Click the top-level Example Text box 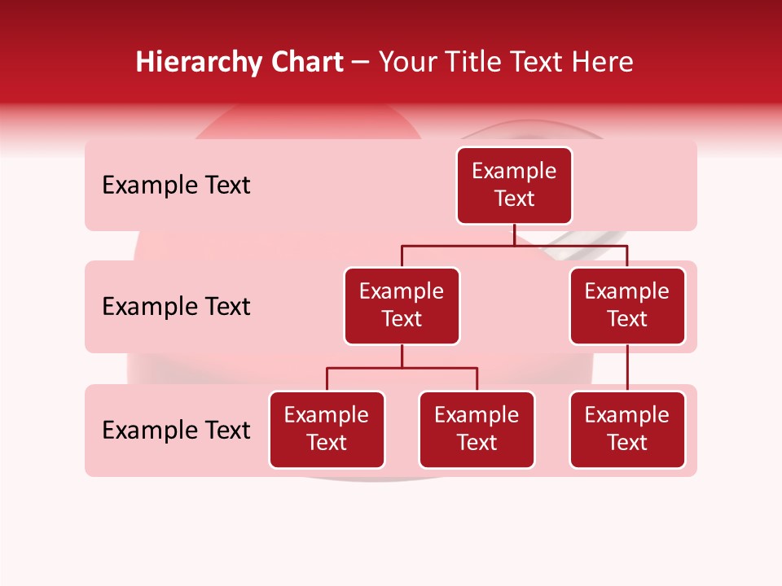[x=514, y=186]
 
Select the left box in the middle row [x=402, y=306]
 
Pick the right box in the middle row [x=627, y=306]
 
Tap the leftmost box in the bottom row [x=327, y=430]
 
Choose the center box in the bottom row [x=477, y=430]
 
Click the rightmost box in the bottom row [x=627, y=430]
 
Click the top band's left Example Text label [x=176, y=186]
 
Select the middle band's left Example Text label [x=176, y=307]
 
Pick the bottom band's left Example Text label [x=176, y=431]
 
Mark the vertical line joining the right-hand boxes [x=627, y=368]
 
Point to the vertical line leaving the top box [x=514, y=234]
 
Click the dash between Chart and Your [x=361, y=63]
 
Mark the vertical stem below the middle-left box [x=402, y=356]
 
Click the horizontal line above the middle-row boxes [x=514, y=245]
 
